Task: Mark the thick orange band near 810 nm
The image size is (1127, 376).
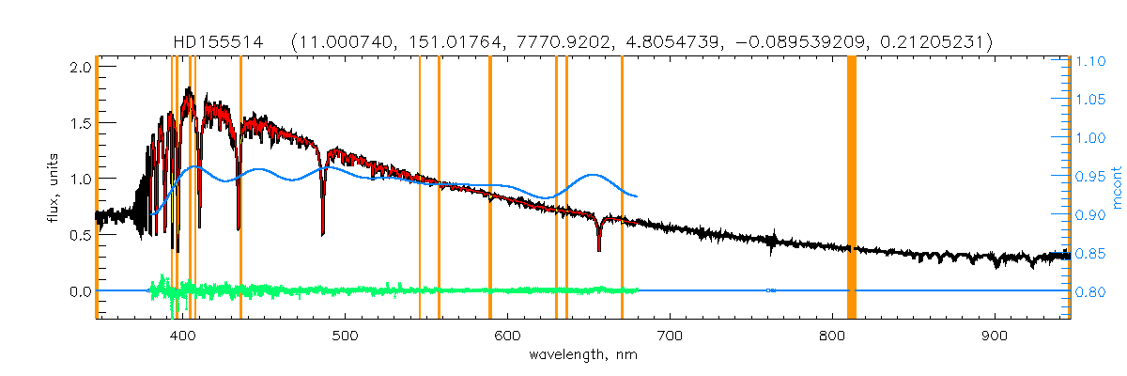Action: pyautogui.click(x=852, y=188)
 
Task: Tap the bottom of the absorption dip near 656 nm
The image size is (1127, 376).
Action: pyautogui.click(x=599, y=250)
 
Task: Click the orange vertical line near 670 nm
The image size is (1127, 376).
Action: pyautogui.click(x=622, y=188)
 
